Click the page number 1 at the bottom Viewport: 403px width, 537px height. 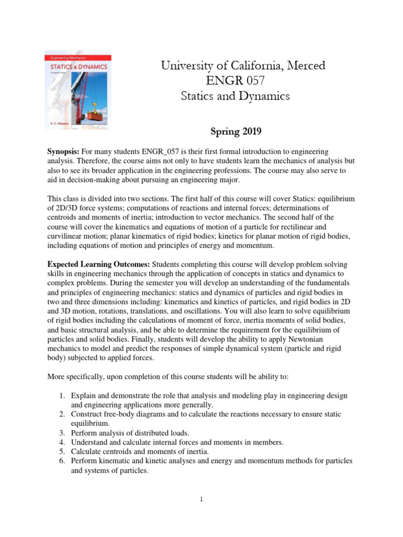pyautogui.click(x=201, y=499)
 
